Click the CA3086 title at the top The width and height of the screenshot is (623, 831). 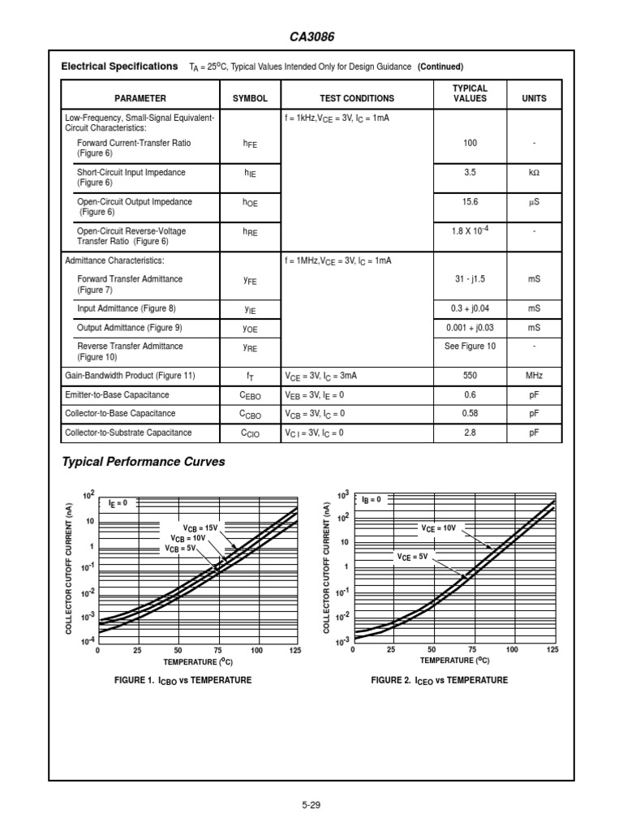[x=311, y=37]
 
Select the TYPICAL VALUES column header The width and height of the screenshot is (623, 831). [x=470, y=93]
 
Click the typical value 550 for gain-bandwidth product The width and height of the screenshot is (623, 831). [x=470, y=377]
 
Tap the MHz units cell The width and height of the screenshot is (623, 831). [x=534, y=377]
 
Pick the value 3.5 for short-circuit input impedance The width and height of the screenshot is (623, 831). [x=470, y=173]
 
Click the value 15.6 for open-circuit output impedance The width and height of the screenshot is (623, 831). [x=470, y=202]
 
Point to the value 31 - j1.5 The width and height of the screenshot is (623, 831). [x=470, y=279]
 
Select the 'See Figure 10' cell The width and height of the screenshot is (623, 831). [x=470, y=347]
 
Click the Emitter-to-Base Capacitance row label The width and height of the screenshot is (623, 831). [x=118, y=395]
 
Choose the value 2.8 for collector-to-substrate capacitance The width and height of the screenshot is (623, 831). [x=470, y=433]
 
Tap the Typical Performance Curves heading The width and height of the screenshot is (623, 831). [x=144, y=463]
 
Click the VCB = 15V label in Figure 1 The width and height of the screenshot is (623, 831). [x=200, y=527]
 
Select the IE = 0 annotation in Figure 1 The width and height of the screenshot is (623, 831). [x=117, y=503]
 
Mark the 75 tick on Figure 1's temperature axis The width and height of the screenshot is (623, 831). [x=217, y=651]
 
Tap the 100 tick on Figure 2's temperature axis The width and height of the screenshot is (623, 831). [x=512, y=650]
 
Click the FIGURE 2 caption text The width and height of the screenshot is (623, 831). [x=439, y=680]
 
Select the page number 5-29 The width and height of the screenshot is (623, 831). [x=311, y=805]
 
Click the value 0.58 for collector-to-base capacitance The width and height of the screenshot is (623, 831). [x=470, y=414]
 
